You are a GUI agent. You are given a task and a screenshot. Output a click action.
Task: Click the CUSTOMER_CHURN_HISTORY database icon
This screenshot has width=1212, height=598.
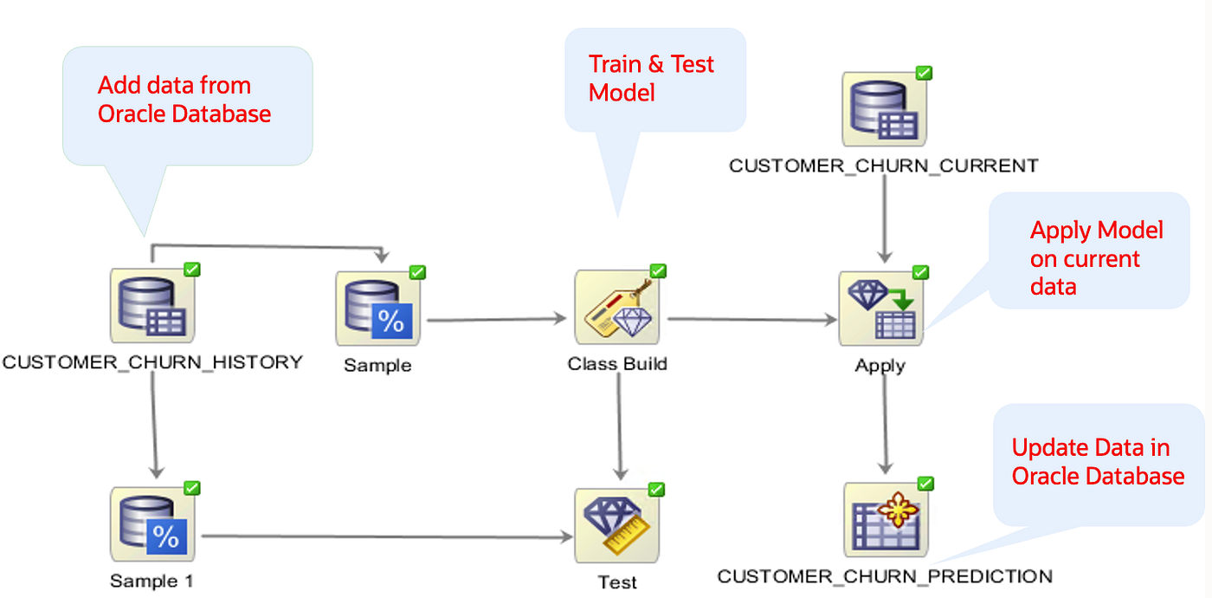coord(152,305)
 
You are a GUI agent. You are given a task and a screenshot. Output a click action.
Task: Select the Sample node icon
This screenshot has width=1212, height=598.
coord(378,307)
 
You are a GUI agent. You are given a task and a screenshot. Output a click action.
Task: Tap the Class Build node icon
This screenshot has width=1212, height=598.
coord(617,307)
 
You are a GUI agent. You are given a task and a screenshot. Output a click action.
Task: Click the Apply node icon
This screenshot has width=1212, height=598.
coord(880,309)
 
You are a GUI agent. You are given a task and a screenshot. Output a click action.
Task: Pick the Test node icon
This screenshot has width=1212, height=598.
coord(617,525)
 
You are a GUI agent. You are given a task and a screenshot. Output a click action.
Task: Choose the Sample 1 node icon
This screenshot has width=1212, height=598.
coord(152,523)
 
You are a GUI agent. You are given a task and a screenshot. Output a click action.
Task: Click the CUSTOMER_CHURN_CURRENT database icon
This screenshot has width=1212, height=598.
coord(884,110)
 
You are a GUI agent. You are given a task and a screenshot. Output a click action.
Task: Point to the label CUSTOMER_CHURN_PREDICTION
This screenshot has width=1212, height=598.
coord(885,576)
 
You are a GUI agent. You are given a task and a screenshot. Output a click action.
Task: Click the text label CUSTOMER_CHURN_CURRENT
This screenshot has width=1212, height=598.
coord(883,166)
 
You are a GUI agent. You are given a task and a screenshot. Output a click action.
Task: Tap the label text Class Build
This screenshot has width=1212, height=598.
coord(617,364)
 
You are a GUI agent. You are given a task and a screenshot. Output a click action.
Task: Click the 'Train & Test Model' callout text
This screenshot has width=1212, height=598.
coord(651,78)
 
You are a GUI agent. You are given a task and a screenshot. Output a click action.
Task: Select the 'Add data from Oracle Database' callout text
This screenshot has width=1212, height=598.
coord(184,99)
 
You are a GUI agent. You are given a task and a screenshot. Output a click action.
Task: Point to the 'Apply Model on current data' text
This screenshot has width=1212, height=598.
coord(1095,258)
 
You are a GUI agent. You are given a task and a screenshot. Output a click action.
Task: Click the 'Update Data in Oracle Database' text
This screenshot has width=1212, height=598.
coord(1097,462)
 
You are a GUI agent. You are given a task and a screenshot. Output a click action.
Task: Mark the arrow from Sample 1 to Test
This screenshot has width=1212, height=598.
coord(385,536)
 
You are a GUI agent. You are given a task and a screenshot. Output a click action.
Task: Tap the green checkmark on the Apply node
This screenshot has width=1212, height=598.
coord(920,273)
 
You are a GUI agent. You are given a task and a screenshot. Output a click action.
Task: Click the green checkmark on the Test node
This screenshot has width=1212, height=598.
coord(657,490)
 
